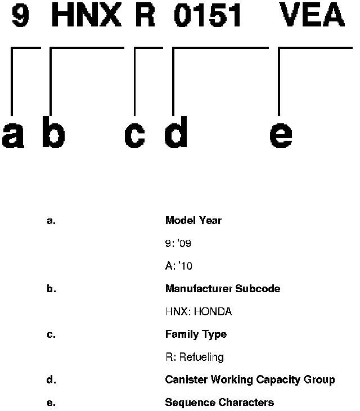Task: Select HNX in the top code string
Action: pos(86,17)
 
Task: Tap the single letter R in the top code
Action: pos(145,17)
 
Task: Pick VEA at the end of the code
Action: pos(312,17)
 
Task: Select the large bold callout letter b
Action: pos(53,135)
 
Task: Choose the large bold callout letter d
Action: pos(176,135)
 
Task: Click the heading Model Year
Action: pos(193,221)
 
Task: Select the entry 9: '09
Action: pos(179,243)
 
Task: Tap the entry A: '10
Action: pos(179,266)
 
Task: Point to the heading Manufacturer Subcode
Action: pos(222,289)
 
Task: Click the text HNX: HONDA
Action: pos(198,311)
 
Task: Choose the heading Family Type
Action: pos(196,334)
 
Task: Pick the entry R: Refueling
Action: pos(194,357)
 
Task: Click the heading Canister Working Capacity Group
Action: pos(250,379)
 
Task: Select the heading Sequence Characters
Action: pos(219,403)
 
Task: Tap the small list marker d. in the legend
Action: pos(51,380)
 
